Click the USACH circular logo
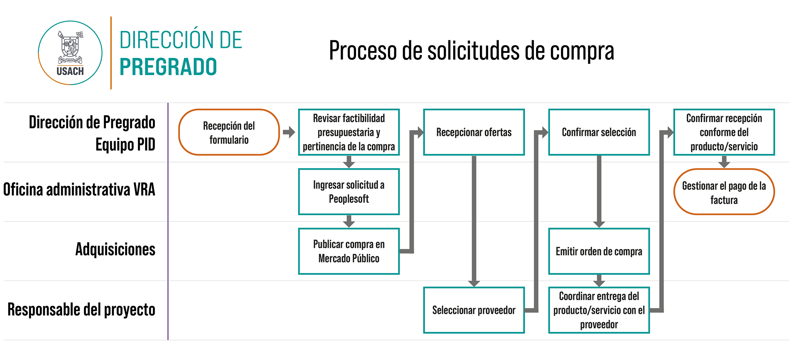tap(70, 53)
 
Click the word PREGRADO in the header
tap(168, 67)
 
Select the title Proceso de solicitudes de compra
tap(471, 51)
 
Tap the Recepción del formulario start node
tap(229, 132)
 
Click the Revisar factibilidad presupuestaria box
tap(349, 132)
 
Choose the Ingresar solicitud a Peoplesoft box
tap(349, 192)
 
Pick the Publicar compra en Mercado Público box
tap(349, 251)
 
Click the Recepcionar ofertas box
tap(474, 132)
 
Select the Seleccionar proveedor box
tap(474, 310)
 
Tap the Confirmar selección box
tap(599, 132)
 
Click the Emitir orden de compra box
tap(599, 251)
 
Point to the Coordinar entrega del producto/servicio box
tap(599, 310)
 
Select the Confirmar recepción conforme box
tap(724, 132)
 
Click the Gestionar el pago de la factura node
tap(724, 192)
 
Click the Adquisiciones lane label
tap(115, 249)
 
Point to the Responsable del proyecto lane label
tap(81, 309)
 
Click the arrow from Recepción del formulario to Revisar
tap(289, 132)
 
